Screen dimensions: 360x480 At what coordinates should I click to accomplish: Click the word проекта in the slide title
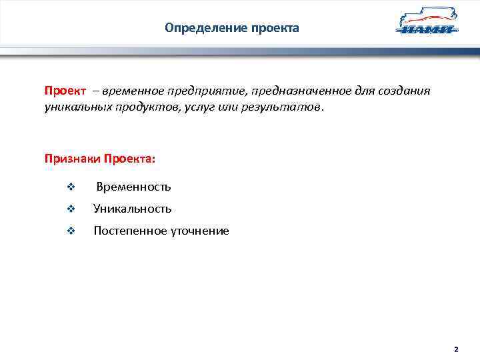point(275,28)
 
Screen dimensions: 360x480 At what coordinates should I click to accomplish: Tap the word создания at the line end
point(405,91)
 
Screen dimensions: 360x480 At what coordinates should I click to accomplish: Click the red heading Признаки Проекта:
point(99,159)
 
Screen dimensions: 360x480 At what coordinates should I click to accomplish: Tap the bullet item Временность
point(133,187)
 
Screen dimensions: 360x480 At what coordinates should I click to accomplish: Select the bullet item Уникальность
point(133,209)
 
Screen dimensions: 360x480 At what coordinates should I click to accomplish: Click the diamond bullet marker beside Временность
point(71,187)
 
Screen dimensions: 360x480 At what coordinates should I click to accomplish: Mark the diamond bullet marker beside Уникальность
point(71,209)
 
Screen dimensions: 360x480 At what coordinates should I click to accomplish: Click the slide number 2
point(456,349)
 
